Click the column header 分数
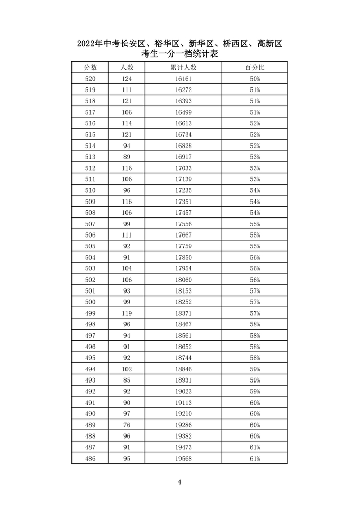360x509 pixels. pyautogui.click(x=90, y=67)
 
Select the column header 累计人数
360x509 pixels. pyautogui.click(x=183, y=67)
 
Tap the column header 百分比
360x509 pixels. pyautogui.click(x=255, y=67)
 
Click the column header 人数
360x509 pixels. pyautogui.click(x=127, y=67)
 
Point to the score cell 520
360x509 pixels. pyautogui.click(x=90, y=79)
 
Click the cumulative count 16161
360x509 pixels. pyautogui.click(x=183, y=79)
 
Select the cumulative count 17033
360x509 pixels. pyautogui.click(x=183, y=168)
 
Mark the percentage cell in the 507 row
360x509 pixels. pyautogui.click(x=255, y=224)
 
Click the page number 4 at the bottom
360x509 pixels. pyautogui.click(x=179, y=482)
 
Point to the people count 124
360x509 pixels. pyautogui.click(x=127, y=79)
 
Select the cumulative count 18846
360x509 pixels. pyautogui.click(x=183, y=369)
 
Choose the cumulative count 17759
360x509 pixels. pyautogui.click(x=183, y=246)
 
